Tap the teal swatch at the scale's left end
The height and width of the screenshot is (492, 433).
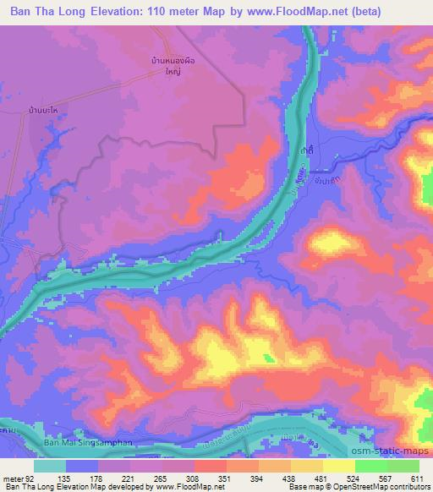[x=50, y=466]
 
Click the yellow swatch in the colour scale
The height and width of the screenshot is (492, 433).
[x=339, y=466]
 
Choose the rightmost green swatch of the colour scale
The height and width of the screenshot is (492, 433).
[x=403, y=466]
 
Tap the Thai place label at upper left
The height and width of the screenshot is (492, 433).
[x=48, y=112]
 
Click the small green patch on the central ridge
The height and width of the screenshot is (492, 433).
[x=271, y=358]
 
